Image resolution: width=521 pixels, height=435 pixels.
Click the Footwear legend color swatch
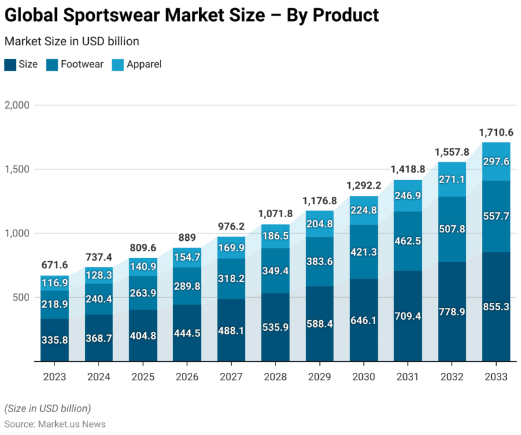click(x=52, y=65)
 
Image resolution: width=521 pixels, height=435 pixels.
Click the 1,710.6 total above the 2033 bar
click(x=496, y=133)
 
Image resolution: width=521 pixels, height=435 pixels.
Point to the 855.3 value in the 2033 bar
click(x=496, y=306)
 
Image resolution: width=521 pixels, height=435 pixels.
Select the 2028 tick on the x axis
click(x=275, y=377)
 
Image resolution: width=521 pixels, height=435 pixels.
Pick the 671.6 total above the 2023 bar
click(x=55, y=266)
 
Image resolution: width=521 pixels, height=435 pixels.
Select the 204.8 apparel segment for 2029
click(x=319, y=225)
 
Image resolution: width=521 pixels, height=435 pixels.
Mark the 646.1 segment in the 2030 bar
click(x=363, y=321)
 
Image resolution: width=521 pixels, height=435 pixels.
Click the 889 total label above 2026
click(x=187, y=238)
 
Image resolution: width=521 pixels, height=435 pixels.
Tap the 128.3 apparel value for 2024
click(x=99, y=276)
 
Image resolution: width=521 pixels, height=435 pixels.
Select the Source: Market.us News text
click(x=55, y=424)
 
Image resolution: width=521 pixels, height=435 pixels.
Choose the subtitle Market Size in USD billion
click(x=71, y=42)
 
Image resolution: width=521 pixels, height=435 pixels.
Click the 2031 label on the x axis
click(x=407, y=377)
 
